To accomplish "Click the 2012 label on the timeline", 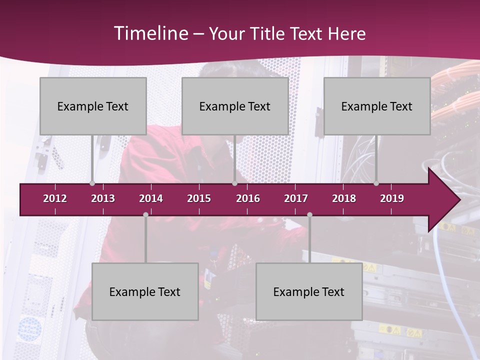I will (x=55, y=198).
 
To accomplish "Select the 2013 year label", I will (x=103, y=198).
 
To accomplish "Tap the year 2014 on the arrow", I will (x=151, y=198).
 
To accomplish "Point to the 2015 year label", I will (x=199, y=198).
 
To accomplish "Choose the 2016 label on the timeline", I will (x=248, y=198).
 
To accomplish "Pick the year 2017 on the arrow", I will (x=296, y=198).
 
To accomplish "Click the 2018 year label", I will (x=344, y=198).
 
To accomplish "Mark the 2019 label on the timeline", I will (x=392, y=198).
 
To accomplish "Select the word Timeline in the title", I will (x=150, y=33).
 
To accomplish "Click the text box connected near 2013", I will (x=93, y=106).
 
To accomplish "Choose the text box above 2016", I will (x=235, y=106).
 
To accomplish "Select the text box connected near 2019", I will (x=377, y=106).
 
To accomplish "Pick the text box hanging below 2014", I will (x=145, y=291).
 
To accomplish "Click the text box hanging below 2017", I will (x=309, y=291).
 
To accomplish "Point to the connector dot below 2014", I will (x=145, y=214).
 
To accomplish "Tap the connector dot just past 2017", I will (x=309, y=214).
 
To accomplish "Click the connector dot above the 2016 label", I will (x=234, y=183).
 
